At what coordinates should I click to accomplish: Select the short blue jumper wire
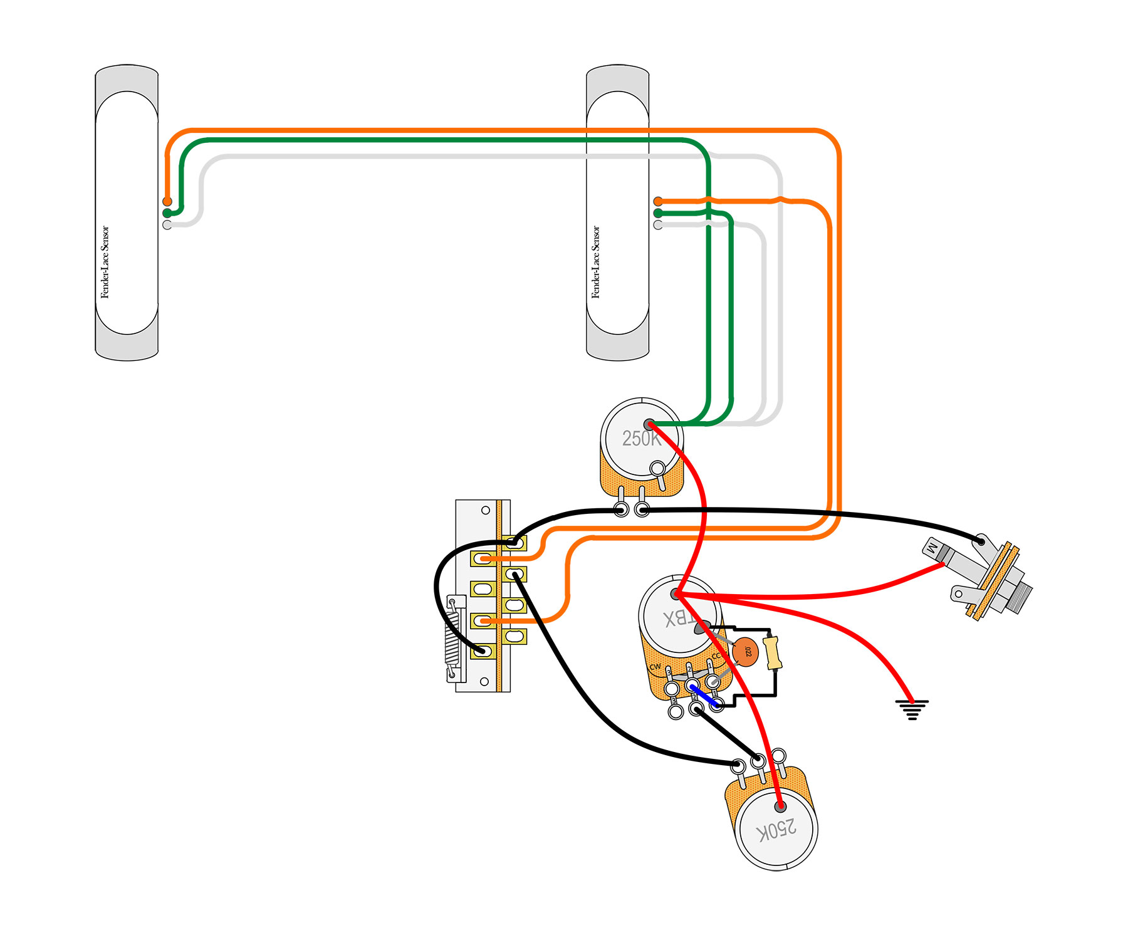704,696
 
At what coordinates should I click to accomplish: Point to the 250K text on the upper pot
641,438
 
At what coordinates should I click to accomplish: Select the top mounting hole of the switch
486,511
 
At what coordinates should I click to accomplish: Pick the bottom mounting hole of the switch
484,681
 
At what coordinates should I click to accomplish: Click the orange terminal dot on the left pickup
167,201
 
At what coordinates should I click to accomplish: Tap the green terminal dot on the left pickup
167,213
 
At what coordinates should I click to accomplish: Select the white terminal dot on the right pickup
658,225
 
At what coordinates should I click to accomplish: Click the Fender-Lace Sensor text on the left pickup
105,262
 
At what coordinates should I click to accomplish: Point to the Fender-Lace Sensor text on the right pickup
596,262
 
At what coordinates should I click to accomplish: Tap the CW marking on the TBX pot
655,667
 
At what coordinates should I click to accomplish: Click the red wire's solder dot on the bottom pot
780,807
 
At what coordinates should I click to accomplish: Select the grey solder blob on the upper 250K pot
649,424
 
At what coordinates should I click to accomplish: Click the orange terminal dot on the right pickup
658,201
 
